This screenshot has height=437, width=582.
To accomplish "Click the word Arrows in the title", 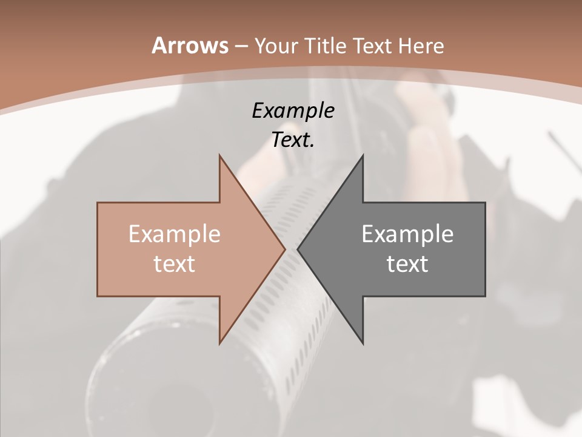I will click(190, 46).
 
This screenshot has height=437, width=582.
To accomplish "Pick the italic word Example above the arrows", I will click(293, 110).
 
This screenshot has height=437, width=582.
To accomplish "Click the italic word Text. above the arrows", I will click(293, 140).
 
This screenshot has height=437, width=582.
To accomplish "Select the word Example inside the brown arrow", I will click(175, 234).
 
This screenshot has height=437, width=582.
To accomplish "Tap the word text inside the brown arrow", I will click(175, 263).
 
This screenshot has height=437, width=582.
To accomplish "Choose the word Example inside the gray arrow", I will click(407, 234).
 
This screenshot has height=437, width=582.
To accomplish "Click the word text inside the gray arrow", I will click(407, 263).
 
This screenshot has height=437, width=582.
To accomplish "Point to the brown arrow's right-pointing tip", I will click(284, 249).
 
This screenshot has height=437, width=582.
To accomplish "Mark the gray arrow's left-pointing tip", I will click(298, 249).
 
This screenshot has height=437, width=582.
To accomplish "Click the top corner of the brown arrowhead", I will click(219, 155).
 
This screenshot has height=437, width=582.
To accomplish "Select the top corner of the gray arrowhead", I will click(363, 155).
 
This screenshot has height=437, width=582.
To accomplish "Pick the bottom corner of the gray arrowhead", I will click(363, 343).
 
